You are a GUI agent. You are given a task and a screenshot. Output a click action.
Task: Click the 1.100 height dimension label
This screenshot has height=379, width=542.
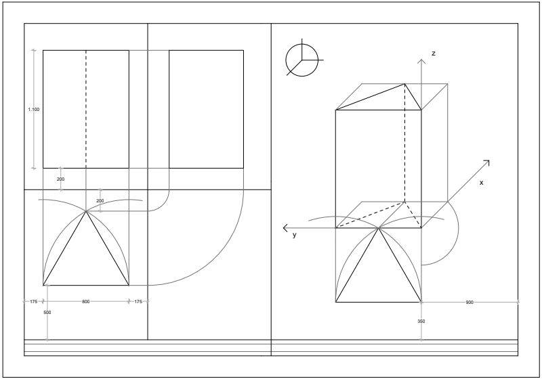(x=34, y=110)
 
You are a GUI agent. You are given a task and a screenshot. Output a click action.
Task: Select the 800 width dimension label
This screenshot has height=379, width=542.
(x=86, y=302)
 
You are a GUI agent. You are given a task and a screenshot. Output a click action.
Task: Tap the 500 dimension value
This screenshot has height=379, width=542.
(x=47, y=313)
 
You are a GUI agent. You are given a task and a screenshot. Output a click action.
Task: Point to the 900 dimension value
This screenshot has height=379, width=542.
(x=470, y=303)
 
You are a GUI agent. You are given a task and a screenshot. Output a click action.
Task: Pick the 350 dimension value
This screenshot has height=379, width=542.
(x=421, y=321)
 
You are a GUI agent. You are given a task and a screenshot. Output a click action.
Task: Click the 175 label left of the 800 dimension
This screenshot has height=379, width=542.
(x=33, y=302)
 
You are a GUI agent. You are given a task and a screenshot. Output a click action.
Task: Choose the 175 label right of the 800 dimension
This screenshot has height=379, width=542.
(x=138, y=302)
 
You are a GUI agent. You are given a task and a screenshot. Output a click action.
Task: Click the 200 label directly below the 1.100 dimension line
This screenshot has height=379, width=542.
(x=60, y=179)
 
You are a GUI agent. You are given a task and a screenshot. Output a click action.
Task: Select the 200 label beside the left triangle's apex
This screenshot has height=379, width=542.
(x=100, y=201)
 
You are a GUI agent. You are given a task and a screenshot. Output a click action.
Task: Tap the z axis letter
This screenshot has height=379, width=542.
(x=433, y=53)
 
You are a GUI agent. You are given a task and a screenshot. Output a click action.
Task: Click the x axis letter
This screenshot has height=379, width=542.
(x=481, y=183)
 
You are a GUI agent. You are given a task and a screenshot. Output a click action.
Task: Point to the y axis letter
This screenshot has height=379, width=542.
(x=295, y=235)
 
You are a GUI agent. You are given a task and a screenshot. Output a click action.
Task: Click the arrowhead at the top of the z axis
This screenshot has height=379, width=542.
(x=421, y=61)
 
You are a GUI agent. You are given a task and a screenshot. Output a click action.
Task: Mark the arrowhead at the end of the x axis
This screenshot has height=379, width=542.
(x=487, y=162)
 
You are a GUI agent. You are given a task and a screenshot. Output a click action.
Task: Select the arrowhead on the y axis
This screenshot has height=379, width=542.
(x=285, y=228)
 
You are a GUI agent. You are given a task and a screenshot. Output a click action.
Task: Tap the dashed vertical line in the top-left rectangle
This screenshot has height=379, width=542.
(x=86, y=109)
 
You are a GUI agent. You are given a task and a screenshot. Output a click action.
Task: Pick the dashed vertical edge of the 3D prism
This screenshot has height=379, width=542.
(x=404, y=143)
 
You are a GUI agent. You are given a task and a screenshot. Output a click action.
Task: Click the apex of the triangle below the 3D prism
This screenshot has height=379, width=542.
(x=379, y=228)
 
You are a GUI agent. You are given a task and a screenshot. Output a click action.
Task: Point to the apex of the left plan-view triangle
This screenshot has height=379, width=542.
(x=86, y=211)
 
